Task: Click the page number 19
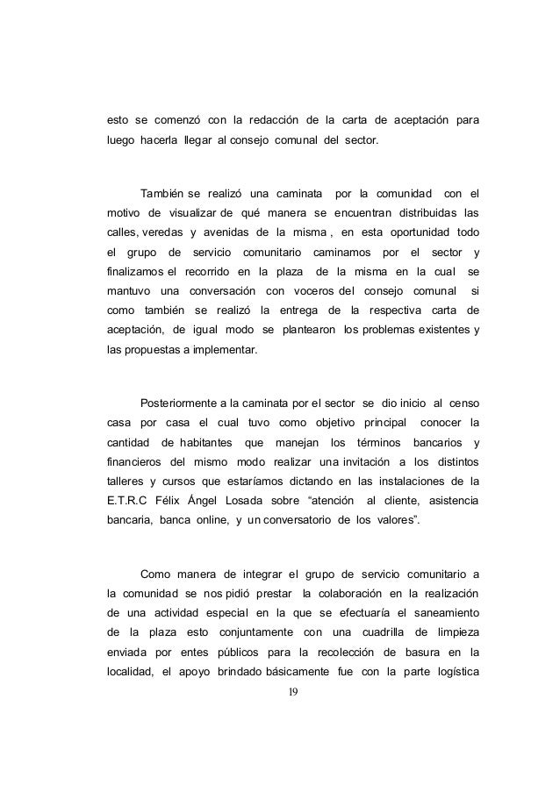294,692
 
